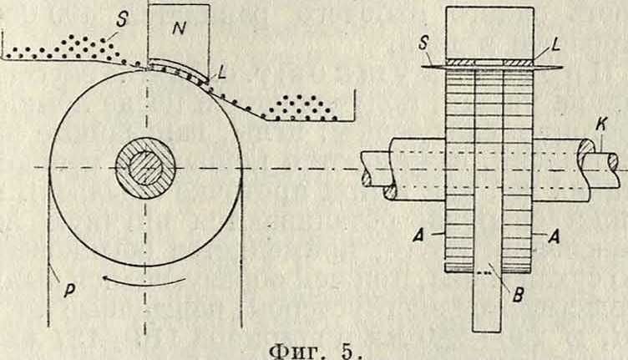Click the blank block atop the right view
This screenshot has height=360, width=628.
pyautogui.click(x=489, y=31)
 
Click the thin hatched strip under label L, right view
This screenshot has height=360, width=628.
pyautogui.click(x=489, y=62)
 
